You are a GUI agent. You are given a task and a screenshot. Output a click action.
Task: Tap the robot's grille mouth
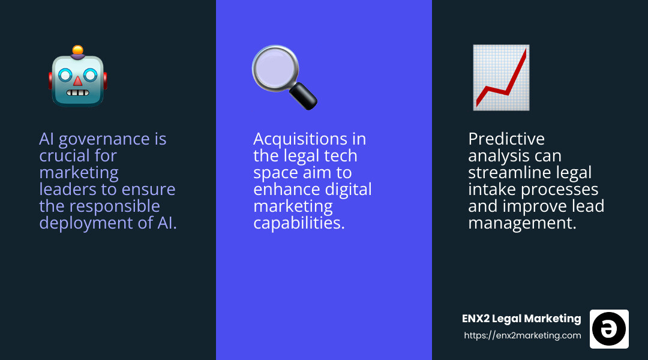pos(77,94)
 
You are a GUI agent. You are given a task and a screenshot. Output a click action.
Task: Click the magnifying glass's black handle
pos(302,96)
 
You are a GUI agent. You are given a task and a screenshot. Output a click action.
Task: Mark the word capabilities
pos(299,223)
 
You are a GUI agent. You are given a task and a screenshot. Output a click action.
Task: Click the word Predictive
pos(506,139)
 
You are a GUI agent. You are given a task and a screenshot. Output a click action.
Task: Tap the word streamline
pos(514,173)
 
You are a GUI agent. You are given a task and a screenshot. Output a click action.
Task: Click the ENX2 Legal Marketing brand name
pos(521,319)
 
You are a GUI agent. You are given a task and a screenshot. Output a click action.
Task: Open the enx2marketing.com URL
pos(522,335)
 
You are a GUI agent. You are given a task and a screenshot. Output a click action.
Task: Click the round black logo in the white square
pos(609,329)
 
